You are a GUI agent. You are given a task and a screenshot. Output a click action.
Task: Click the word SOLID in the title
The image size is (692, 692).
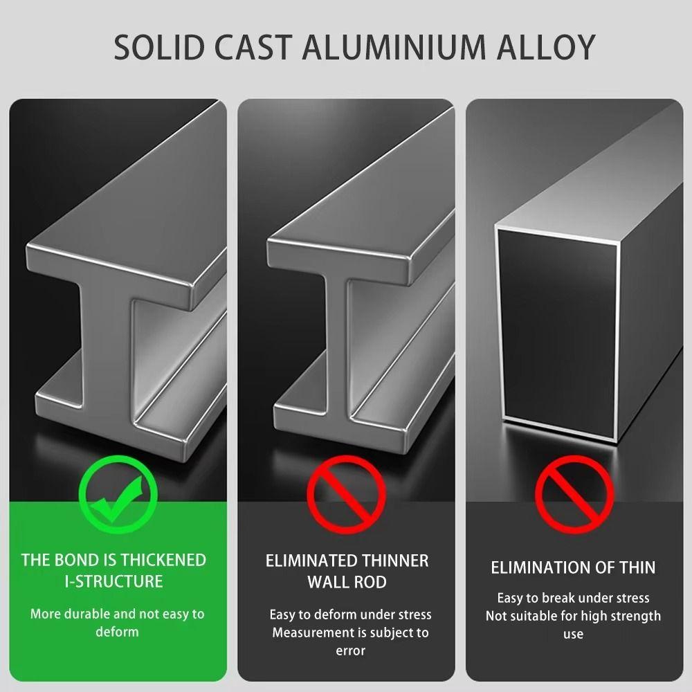pos(159,47)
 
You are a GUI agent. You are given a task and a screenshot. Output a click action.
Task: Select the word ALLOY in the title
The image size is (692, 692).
pos(547,47)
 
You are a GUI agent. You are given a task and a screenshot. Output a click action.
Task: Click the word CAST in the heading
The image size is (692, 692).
pos(254,47)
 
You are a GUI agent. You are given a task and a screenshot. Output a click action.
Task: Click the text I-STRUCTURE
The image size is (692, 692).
pos(114,581)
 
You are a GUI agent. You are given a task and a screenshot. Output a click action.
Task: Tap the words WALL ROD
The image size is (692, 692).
pos(347,582)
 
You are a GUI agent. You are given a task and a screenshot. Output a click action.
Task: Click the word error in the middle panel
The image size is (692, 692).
pos(350,651)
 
